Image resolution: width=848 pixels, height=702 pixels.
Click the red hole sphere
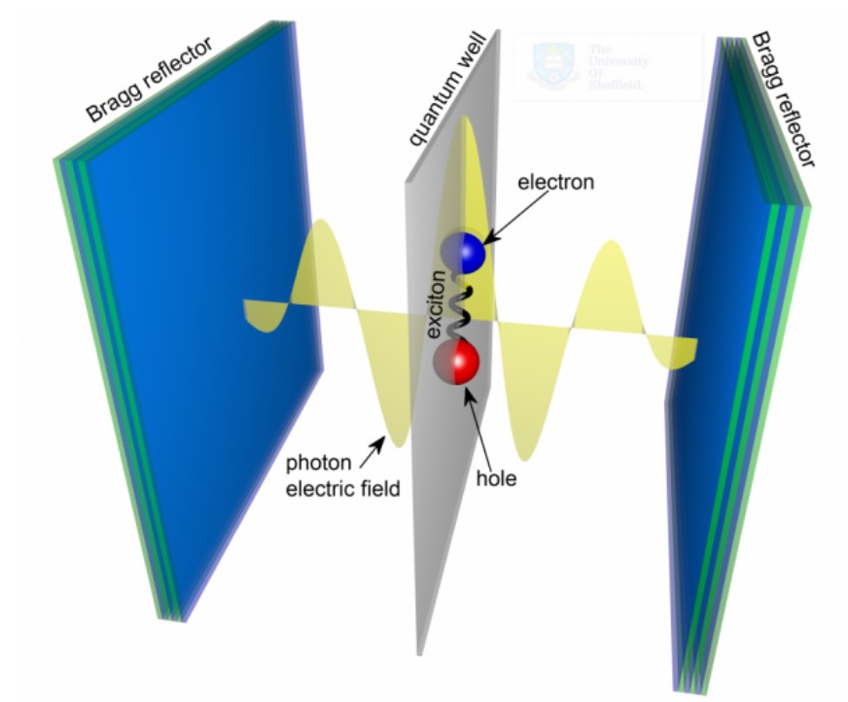coord(459,363)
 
